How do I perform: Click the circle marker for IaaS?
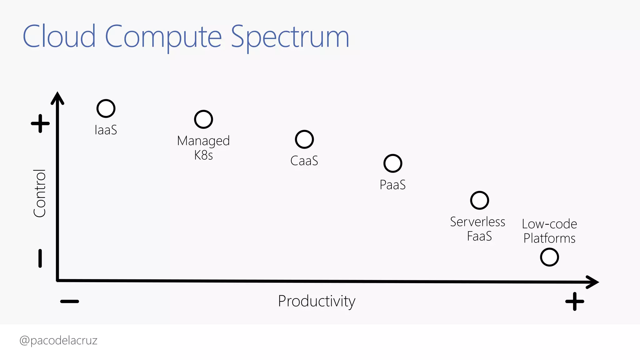(x=106, y=108)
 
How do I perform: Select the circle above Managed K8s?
(x=203, y=119)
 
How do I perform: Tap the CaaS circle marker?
(x=304, y=139)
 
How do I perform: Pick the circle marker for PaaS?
(x=392, y=163)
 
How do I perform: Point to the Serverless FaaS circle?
(x=479, y=200)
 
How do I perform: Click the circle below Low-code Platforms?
(x=549, y=257)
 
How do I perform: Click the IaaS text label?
(x=106, y=130)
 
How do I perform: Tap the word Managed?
(x=203, y=141)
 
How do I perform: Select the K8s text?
(x=203, y=155)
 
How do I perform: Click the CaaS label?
(x=304, y=161)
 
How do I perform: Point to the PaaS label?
(x=392, y=185)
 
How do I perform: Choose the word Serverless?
(x=477, y=222)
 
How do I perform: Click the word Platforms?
(x=549, y=238)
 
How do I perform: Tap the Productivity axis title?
(x=317, y=301)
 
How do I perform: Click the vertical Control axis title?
(x=40, y=193)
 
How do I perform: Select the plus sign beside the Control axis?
(x=40, y=123)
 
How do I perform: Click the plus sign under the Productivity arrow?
(x=574, y=302)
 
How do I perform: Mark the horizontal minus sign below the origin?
(x=70, y=302)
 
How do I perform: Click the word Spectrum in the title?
(x=290, y=37)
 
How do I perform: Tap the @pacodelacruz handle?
(x=58, y=340)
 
